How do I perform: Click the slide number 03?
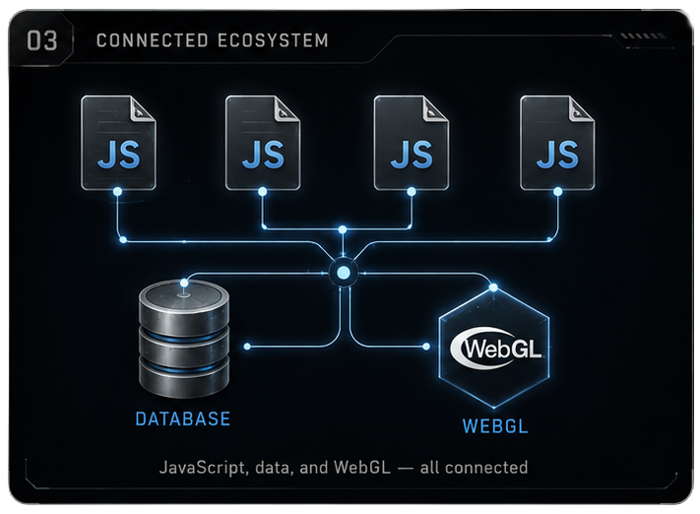42,40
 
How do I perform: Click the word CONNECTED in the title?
153,40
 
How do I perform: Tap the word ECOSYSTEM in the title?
274,40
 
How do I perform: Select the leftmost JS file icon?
118,143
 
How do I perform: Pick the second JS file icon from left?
263,143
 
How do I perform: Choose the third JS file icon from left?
412,143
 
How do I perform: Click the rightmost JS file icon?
557,143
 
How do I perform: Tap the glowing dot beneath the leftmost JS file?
117,192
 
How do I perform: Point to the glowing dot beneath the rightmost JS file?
557,192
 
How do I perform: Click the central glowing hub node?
344,273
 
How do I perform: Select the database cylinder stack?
184,340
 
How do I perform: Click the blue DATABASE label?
183,418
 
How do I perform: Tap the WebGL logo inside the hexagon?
496,349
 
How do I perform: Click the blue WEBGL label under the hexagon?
495,426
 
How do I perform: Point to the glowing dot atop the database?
184,283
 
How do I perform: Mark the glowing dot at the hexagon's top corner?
493,288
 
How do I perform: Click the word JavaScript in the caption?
203,468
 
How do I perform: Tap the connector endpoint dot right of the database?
247,347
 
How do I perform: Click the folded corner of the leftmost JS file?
143,108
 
